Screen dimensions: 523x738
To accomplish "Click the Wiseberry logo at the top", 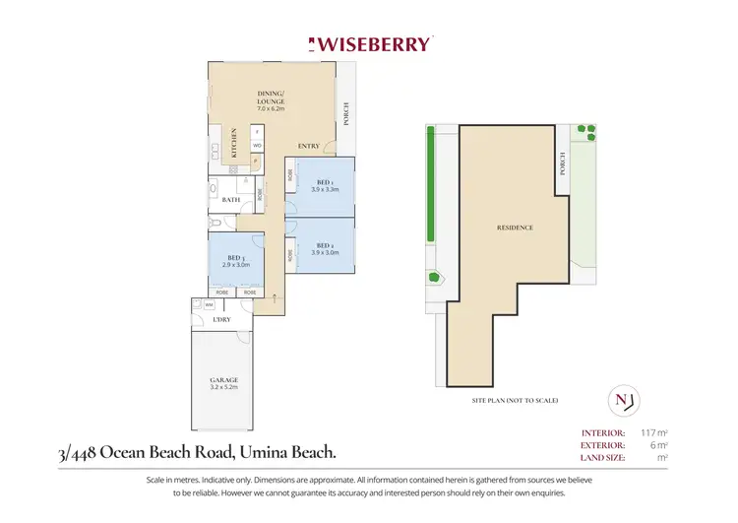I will (x=369, y=43).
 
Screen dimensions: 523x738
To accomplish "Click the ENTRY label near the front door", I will (x=308, y=146).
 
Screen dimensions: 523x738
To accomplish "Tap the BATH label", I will (x=231, y=200).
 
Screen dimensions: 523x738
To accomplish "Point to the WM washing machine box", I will (x=210, y=305).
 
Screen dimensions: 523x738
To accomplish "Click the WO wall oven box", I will (x=257, y=146).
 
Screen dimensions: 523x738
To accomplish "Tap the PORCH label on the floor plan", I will (x=346, y=116).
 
